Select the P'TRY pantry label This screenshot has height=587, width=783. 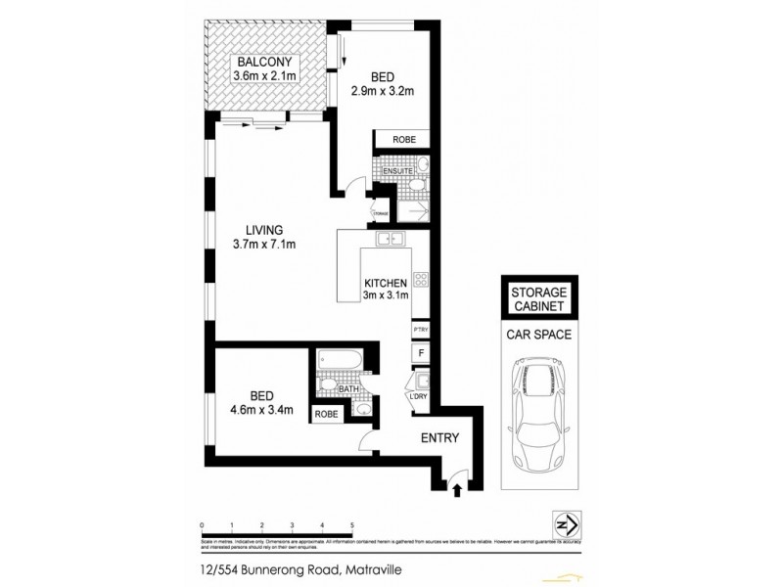[420, 330]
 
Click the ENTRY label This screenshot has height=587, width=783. [439, 439]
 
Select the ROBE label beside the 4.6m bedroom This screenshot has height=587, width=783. [326, 414]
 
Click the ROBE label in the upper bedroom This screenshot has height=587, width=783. [403, 141]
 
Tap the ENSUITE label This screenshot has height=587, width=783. [397, 170]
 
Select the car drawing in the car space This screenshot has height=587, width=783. [538, 412]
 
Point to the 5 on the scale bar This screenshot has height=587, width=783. [351, 524]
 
